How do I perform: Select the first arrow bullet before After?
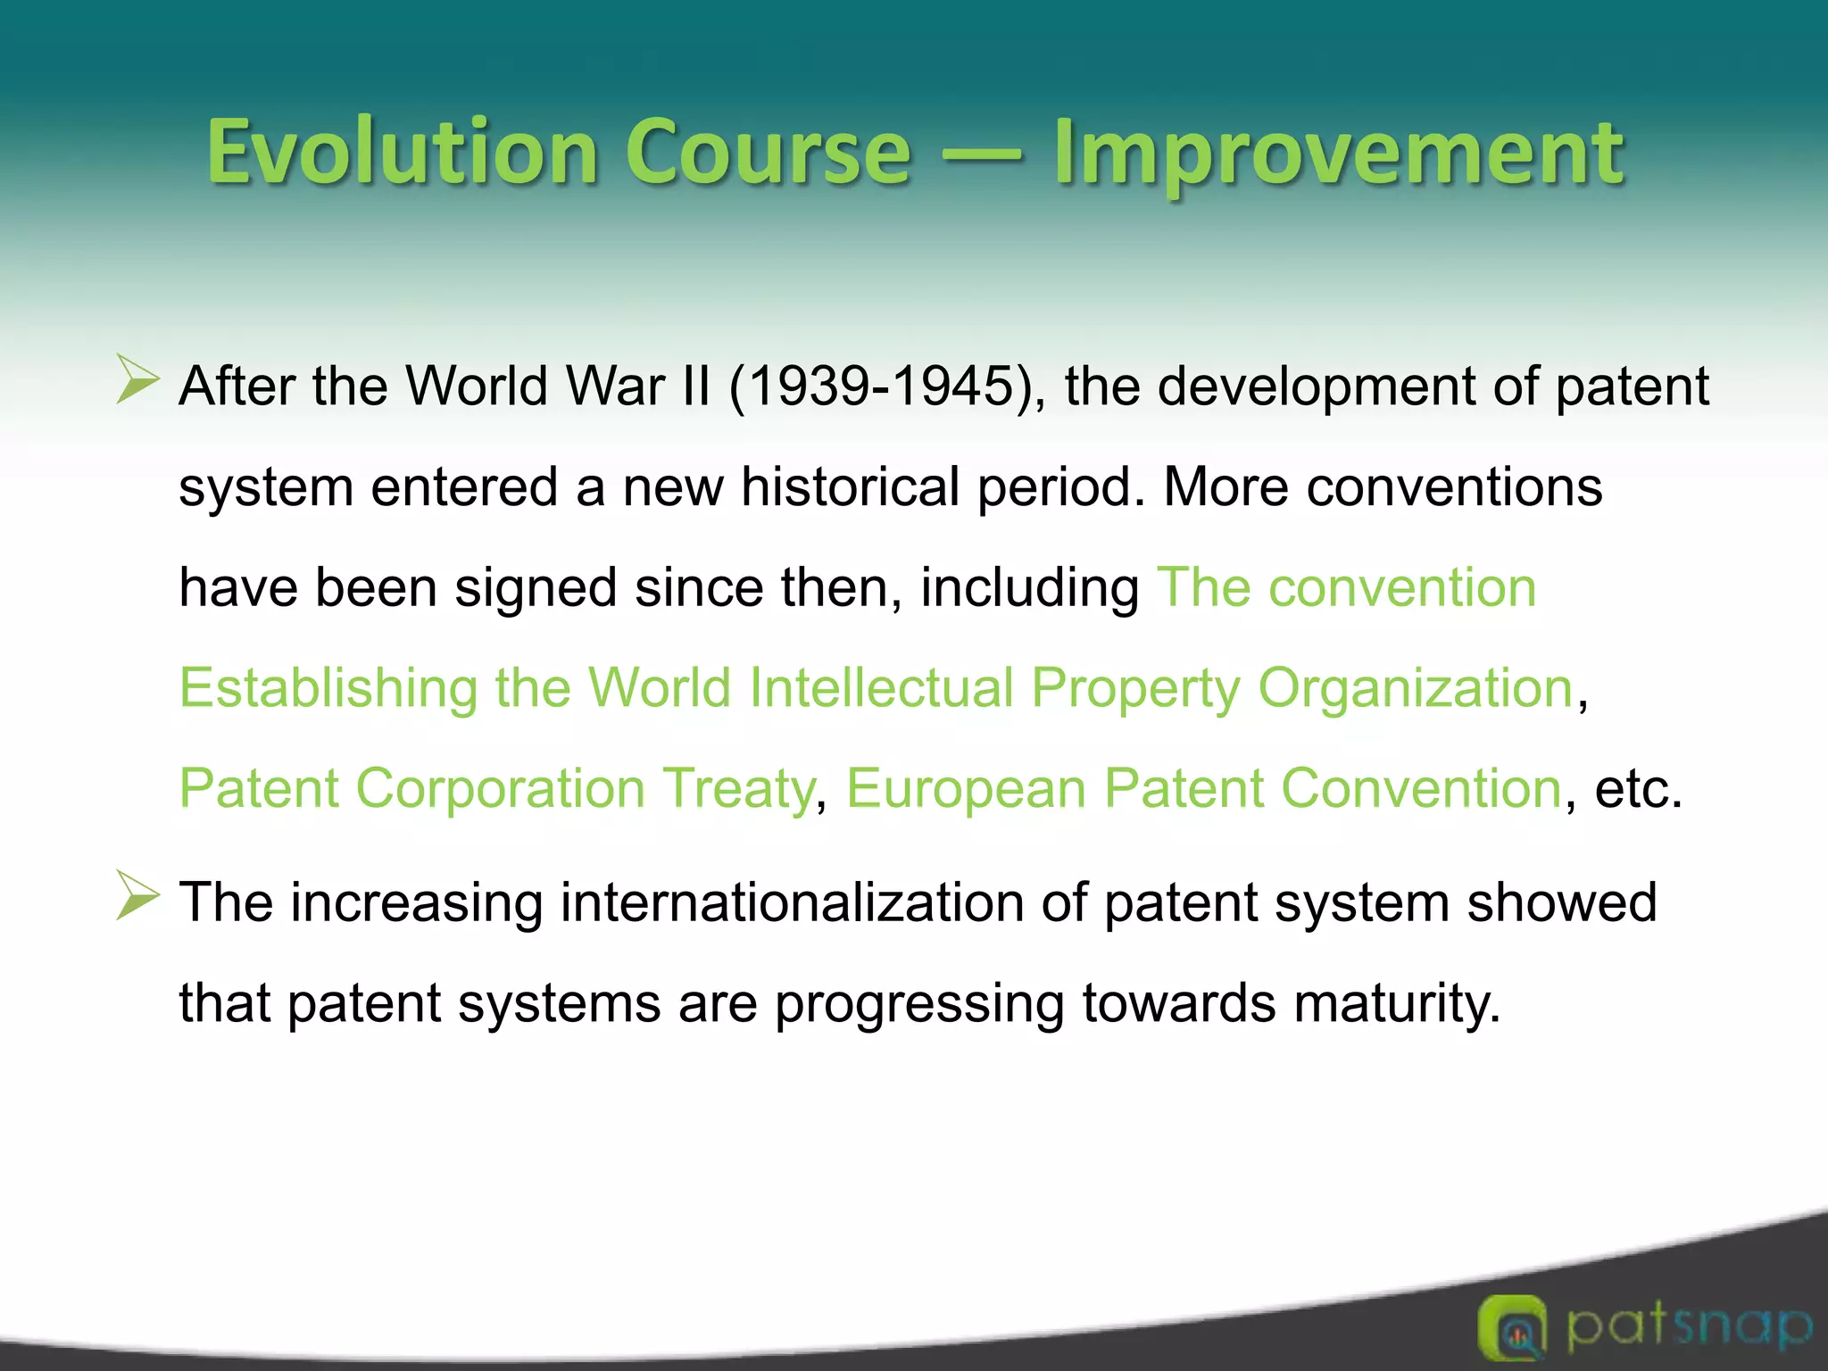coord(137,381)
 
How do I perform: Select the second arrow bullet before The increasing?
coord(137,896)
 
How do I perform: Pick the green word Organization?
coord(1415,689)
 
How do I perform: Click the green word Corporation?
coord(500,789)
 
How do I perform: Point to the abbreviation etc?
coord(1637,789)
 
